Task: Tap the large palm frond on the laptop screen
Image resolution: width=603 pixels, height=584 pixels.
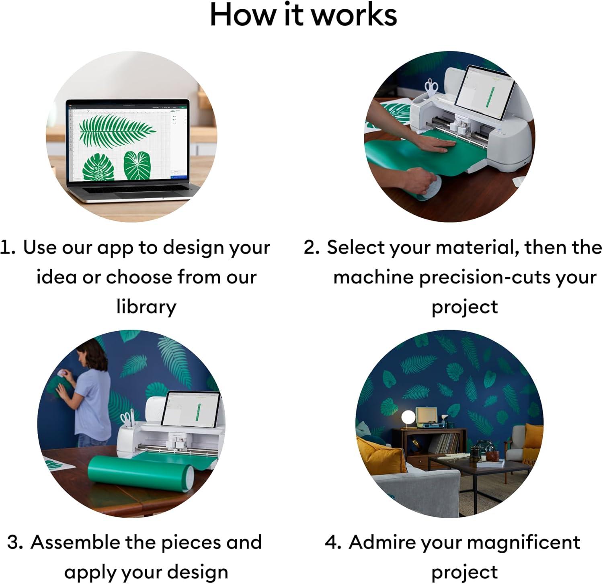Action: pyautogui.click(x=117, y=130)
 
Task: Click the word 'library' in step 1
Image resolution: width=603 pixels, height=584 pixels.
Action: pyautogui.click(x=146, y=307)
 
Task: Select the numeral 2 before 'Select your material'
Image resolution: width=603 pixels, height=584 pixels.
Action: pyautogui.click(x=311, y=248)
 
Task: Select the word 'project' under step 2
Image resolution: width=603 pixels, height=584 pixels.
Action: pyautogui.click(x=465, y=308)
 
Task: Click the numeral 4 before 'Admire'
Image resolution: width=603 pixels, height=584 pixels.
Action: pyautogui.click(x=332, y=543)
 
